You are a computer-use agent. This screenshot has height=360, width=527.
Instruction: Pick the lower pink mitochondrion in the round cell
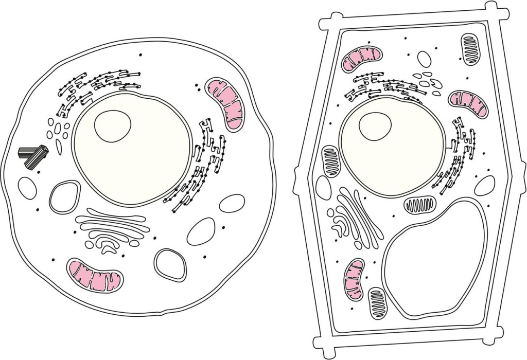(96, 275)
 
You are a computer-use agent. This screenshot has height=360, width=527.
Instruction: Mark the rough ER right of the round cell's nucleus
(201, 170)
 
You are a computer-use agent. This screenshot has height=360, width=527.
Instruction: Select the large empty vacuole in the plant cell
(435, 257)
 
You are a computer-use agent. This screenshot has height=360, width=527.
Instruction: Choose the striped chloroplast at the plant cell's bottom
(377, 303)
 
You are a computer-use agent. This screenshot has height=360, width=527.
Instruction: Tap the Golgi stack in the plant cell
(355, 216)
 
